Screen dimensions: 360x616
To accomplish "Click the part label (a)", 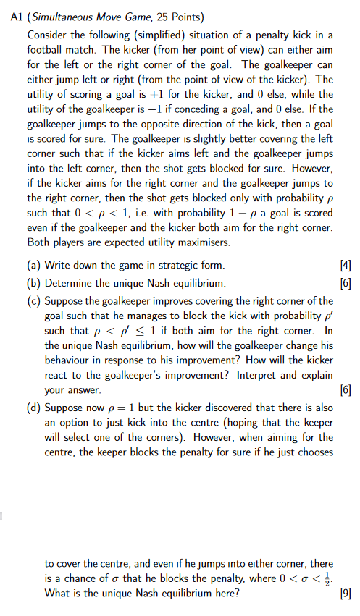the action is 35,266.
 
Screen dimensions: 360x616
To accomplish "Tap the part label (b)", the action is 35,282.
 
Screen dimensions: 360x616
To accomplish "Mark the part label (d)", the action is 35,408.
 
